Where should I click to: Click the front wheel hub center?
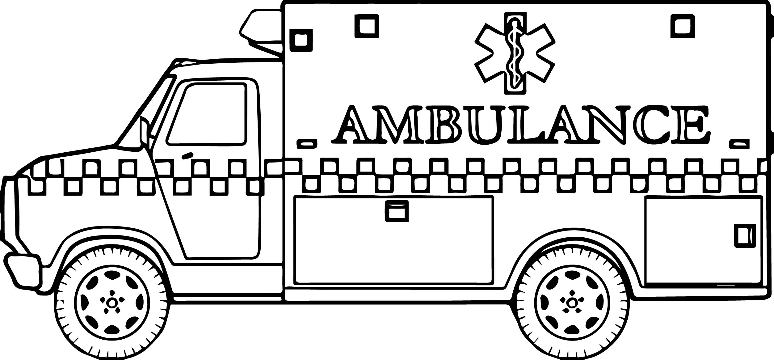point(112,302)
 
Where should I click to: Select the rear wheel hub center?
point(572,302)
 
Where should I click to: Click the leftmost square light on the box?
point(301,40)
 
